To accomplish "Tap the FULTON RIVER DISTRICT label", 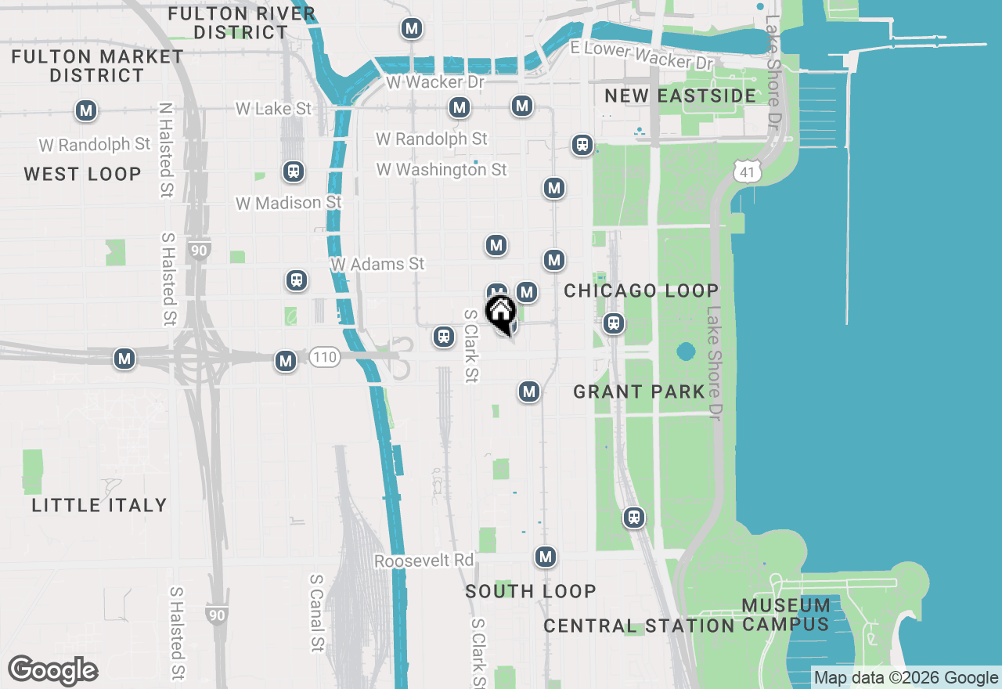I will tap(241, 23).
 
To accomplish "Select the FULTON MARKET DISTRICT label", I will tap(97, 66).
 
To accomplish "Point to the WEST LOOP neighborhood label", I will tap(82, 174).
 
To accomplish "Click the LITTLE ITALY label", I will tap(99, 505).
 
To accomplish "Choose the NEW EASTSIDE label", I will tap(680, 96).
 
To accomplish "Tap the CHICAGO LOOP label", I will tap(641, 290).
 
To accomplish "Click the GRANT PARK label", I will tap(640, 391).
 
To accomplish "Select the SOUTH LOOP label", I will tap(531, 591).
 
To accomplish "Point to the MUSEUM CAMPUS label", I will tap(785, 615).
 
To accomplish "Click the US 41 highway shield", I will tap(748, 171).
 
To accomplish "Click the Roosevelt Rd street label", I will tap(424, 561).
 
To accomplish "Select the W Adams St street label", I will tap(377, 265).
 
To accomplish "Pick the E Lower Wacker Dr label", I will tap(642, 55).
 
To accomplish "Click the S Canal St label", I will tap(316, 612).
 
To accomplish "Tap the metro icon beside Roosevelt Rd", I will tap(546, 557).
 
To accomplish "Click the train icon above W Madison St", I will tap(294, 171).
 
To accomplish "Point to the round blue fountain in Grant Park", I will tap(686, 352).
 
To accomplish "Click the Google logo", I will tap(52, 671).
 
